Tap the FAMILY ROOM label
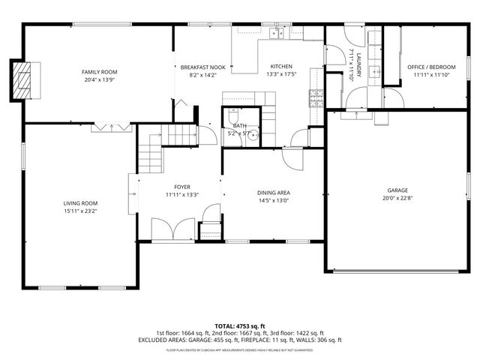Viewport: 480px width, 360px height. [100, 72]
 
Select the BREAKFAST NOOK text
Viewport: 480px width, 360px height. [199, 67]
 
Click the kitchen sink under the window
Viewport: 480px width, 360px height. [279, 32]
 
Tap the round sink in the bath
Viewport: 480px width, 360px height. [253, 136]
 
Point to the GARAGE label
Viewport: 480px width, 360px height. [397, 190]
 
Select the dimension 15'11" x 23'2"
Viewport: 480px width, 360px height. [80, 211]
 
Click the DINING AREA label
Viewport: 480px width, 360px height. [274, 193]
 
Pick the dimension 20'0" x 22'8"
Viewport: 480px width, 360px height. [397, 199]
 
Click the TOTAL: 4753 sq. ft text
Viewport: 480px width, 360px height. [239, 325]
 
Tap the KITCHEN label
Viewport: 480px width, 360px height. [281, 67]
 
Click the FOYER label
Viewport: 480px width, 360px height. [182, 187]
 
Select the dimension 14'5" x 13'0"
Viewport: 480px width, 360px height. [274, 201]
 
